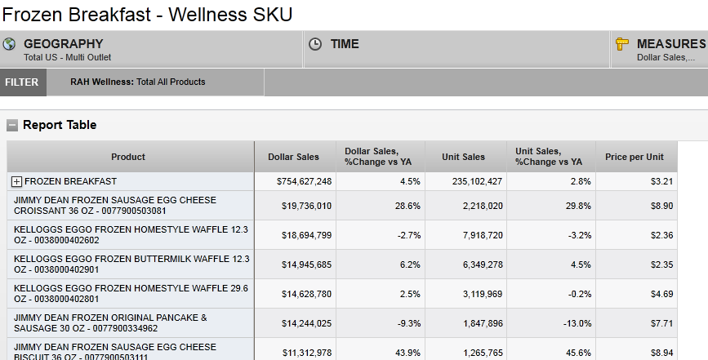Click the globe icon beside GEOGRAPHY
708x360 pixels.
10,44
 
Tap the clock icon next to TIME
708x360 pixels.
316,44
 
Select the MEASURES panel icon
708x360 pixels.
622,44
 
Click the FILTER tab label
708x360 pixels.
21,82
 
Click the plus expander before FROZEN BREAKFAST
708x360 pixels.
16,181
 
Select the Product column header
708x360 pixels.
128,157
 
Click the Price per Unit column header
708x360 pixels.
635,157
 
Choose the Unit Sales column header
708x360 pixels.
463,157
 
